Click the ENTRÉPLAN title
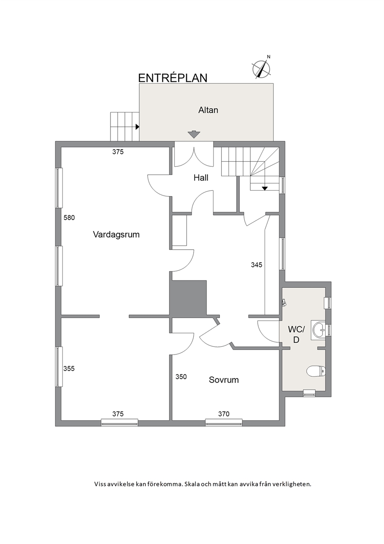point(173,78)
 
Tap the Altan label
point(208,110)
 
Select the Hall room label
point(201,178)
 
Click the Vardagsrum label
point(117,235)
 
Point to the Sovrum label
point(224,380)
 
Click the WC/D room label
point(296,335)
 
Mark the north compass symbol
point(261,68)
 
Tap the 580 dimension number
point(69,218)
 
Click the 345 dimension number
point(257,265)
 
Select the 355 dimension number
point(69,369)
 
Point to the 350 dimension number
point(181,376)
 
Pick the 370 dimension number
point(224,414)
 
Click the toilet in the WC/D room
point(316,371)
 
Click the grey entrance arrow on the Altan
point(194,134)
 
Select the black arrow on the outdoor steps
point(137,126)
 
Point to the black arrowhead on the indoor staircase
point(265,188)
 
